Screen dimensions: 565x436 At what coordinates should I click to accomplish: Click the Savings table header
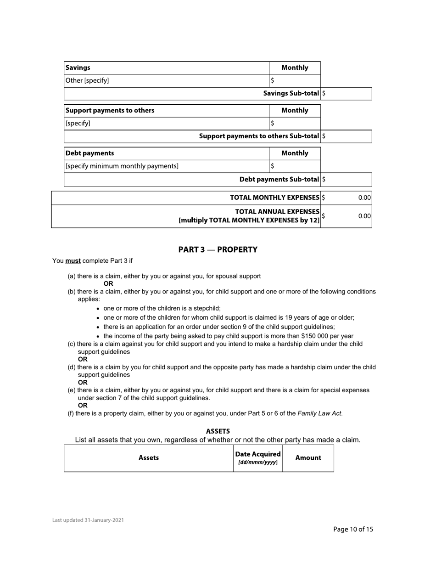click(x=78, y=68)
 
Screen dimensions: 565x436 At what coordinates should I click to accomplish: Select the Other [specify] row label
click(x=87, y=81)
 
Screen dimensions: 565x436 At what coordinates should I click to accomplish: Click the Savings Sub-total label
click(x=291, y=94)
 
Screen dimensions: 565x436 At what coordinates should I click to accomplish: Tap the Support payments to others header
click(x=110, y=111)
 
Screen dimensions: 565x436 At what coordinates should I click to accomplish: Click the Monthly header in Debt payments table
click(x=295, y=153)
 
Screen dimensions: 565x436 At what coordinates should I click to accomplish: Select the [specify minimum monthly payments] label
click(x=122, y=166)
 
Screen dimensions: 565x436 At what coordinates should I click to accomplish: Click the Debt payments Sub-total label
click(x=279, y=180)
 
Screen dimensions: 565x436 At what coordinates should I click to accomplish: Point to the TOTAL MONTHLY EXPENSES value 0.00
click(x=364, y=198)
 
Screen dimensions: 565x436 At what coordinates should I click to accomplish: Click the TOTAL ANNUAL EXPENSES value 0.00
click(x=364, y=216)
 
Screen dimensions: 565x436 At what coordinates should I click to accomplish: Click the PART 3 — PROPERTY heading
click(x=218, y=250)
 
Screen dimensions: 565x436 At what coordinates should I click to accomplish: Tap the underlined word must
click(x=73, y=261)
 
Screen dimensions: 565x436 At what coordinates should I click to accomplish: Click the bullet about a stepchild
click(x=162, y=309)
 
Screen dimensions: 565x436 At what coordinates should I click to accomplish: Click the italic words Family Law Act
click(x=319, y=413)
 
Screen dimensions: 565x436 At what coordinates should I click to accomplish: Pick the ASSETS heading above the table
click(x=218, y=431)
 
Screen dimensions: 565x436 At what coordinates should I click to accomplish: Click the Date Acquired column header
click(x=258, y=458)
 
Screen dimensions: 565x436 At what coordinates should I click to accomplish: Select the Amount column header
click(x=308, y=458)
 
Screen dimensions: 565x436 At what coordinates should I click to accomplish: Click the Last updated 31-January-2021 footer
click(x=88, y=520)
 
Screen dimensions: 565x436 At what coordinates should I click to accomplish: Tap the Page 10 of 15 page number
click(x=353, y=530)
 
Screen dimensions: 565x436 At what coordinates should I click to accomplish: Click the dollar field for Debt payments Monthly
click(x=295, y=166)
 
